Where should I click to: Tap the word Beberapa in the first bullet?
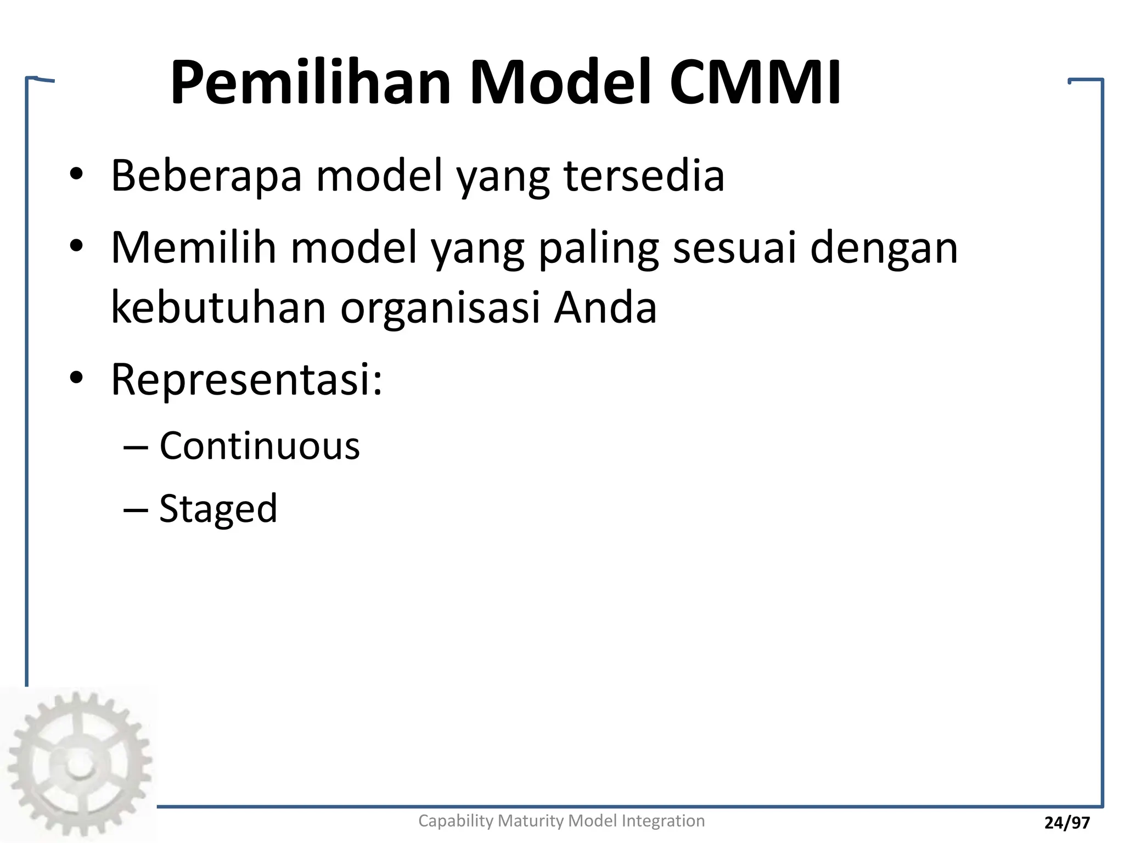point(206,176)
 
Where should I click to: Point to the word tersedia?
point(644,176)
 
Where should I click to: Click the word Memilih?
point(194,248)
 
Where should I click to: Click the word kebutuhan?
point(219,307)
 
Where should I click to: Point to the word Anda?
point(605,307)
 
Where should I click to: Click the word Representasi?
point(246,379)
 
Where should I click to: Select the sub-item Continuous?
point(260,446)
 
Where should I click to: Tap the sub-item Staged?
point(218,509)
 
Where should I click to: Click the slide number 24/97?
point(1067,823)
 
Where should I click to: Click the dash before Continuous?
point(136,447)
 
